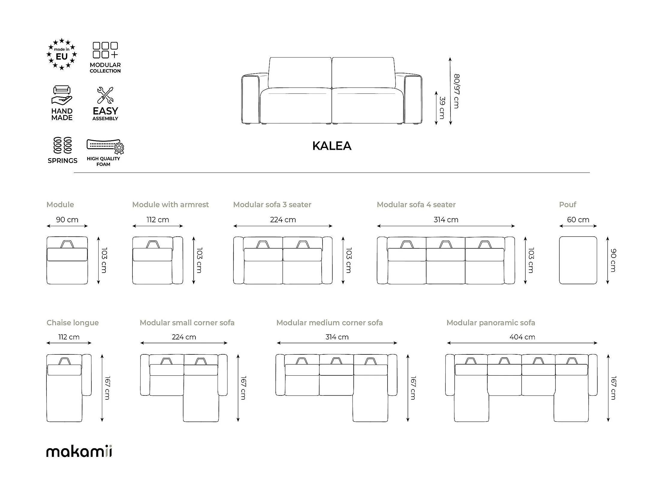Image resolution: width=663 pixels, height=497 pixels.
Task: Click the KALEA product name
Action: [x=332, y=146]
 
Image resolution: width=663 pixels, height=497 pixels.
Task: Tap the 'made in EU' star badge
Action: [x=62, y=54]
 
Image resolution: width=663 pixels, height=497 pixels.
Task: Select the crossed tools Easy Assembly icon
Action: [x=105, y=95]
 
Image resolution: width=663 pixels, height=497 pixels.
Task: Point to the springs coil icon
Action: [x=62, y=145]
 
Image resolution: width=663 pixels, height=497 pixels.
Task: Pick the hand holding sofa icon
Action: [x=62, y=95]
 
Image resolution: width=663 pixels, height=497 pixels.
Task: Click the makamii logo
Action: [x=79, y=451]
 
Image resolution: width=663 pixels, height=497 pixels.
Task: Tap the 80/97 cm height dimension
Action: [x=456, y=91]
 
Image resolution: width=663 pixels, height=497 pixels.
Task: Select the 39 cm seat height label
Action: [x=442, y=108]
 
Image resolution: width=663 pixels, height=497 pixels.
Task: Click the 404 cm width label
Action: [x=522, y=337]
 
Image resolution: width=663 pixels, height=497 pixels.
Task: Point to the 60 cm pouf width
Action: [x=578, y=220]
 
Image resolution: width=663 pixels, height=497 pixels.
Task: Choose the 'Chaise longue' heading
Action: [x=73, y=323]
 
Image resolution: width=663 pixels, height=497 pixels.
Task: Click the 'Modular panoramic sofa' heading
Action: [x=491, y=323]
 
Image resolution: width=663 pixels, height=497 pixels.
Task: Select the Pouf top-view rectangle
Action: [x=578, y=260]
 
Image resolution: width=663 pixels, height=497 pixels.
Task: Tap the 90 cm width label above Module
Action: [x=67, y=220]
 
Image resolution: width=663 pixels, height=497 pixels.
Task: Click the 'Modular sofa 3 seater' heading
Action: [x=272, y=205]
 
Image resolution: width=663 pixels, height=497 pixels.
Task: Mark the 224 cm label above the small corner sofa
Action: [x=184, y=337]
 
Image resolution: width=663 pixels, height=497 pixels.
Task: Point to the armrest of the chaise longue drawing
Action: [x=87, y=375]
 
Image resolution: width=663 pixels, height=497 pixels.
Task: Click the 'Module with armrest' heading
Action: [x=170, y=205]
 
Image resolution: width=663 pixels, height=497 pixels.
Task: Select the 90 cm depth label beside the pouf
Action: [x=613, y=260]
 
